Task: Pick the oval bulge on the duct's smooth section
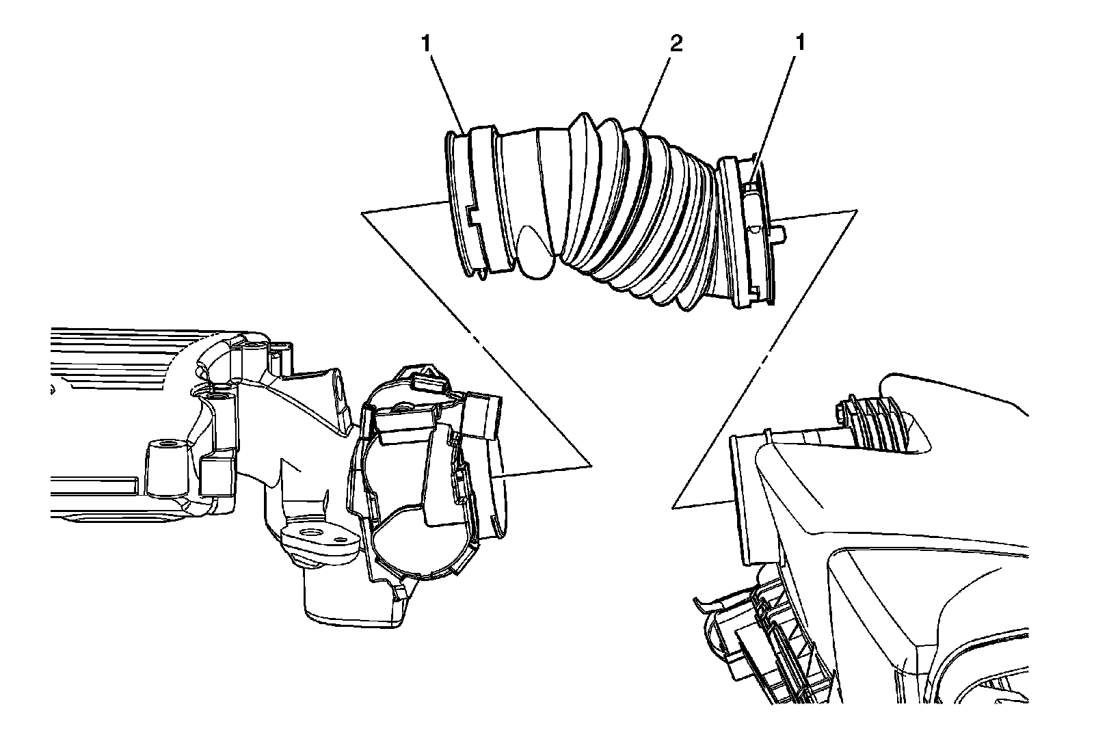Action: point(537,253)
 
